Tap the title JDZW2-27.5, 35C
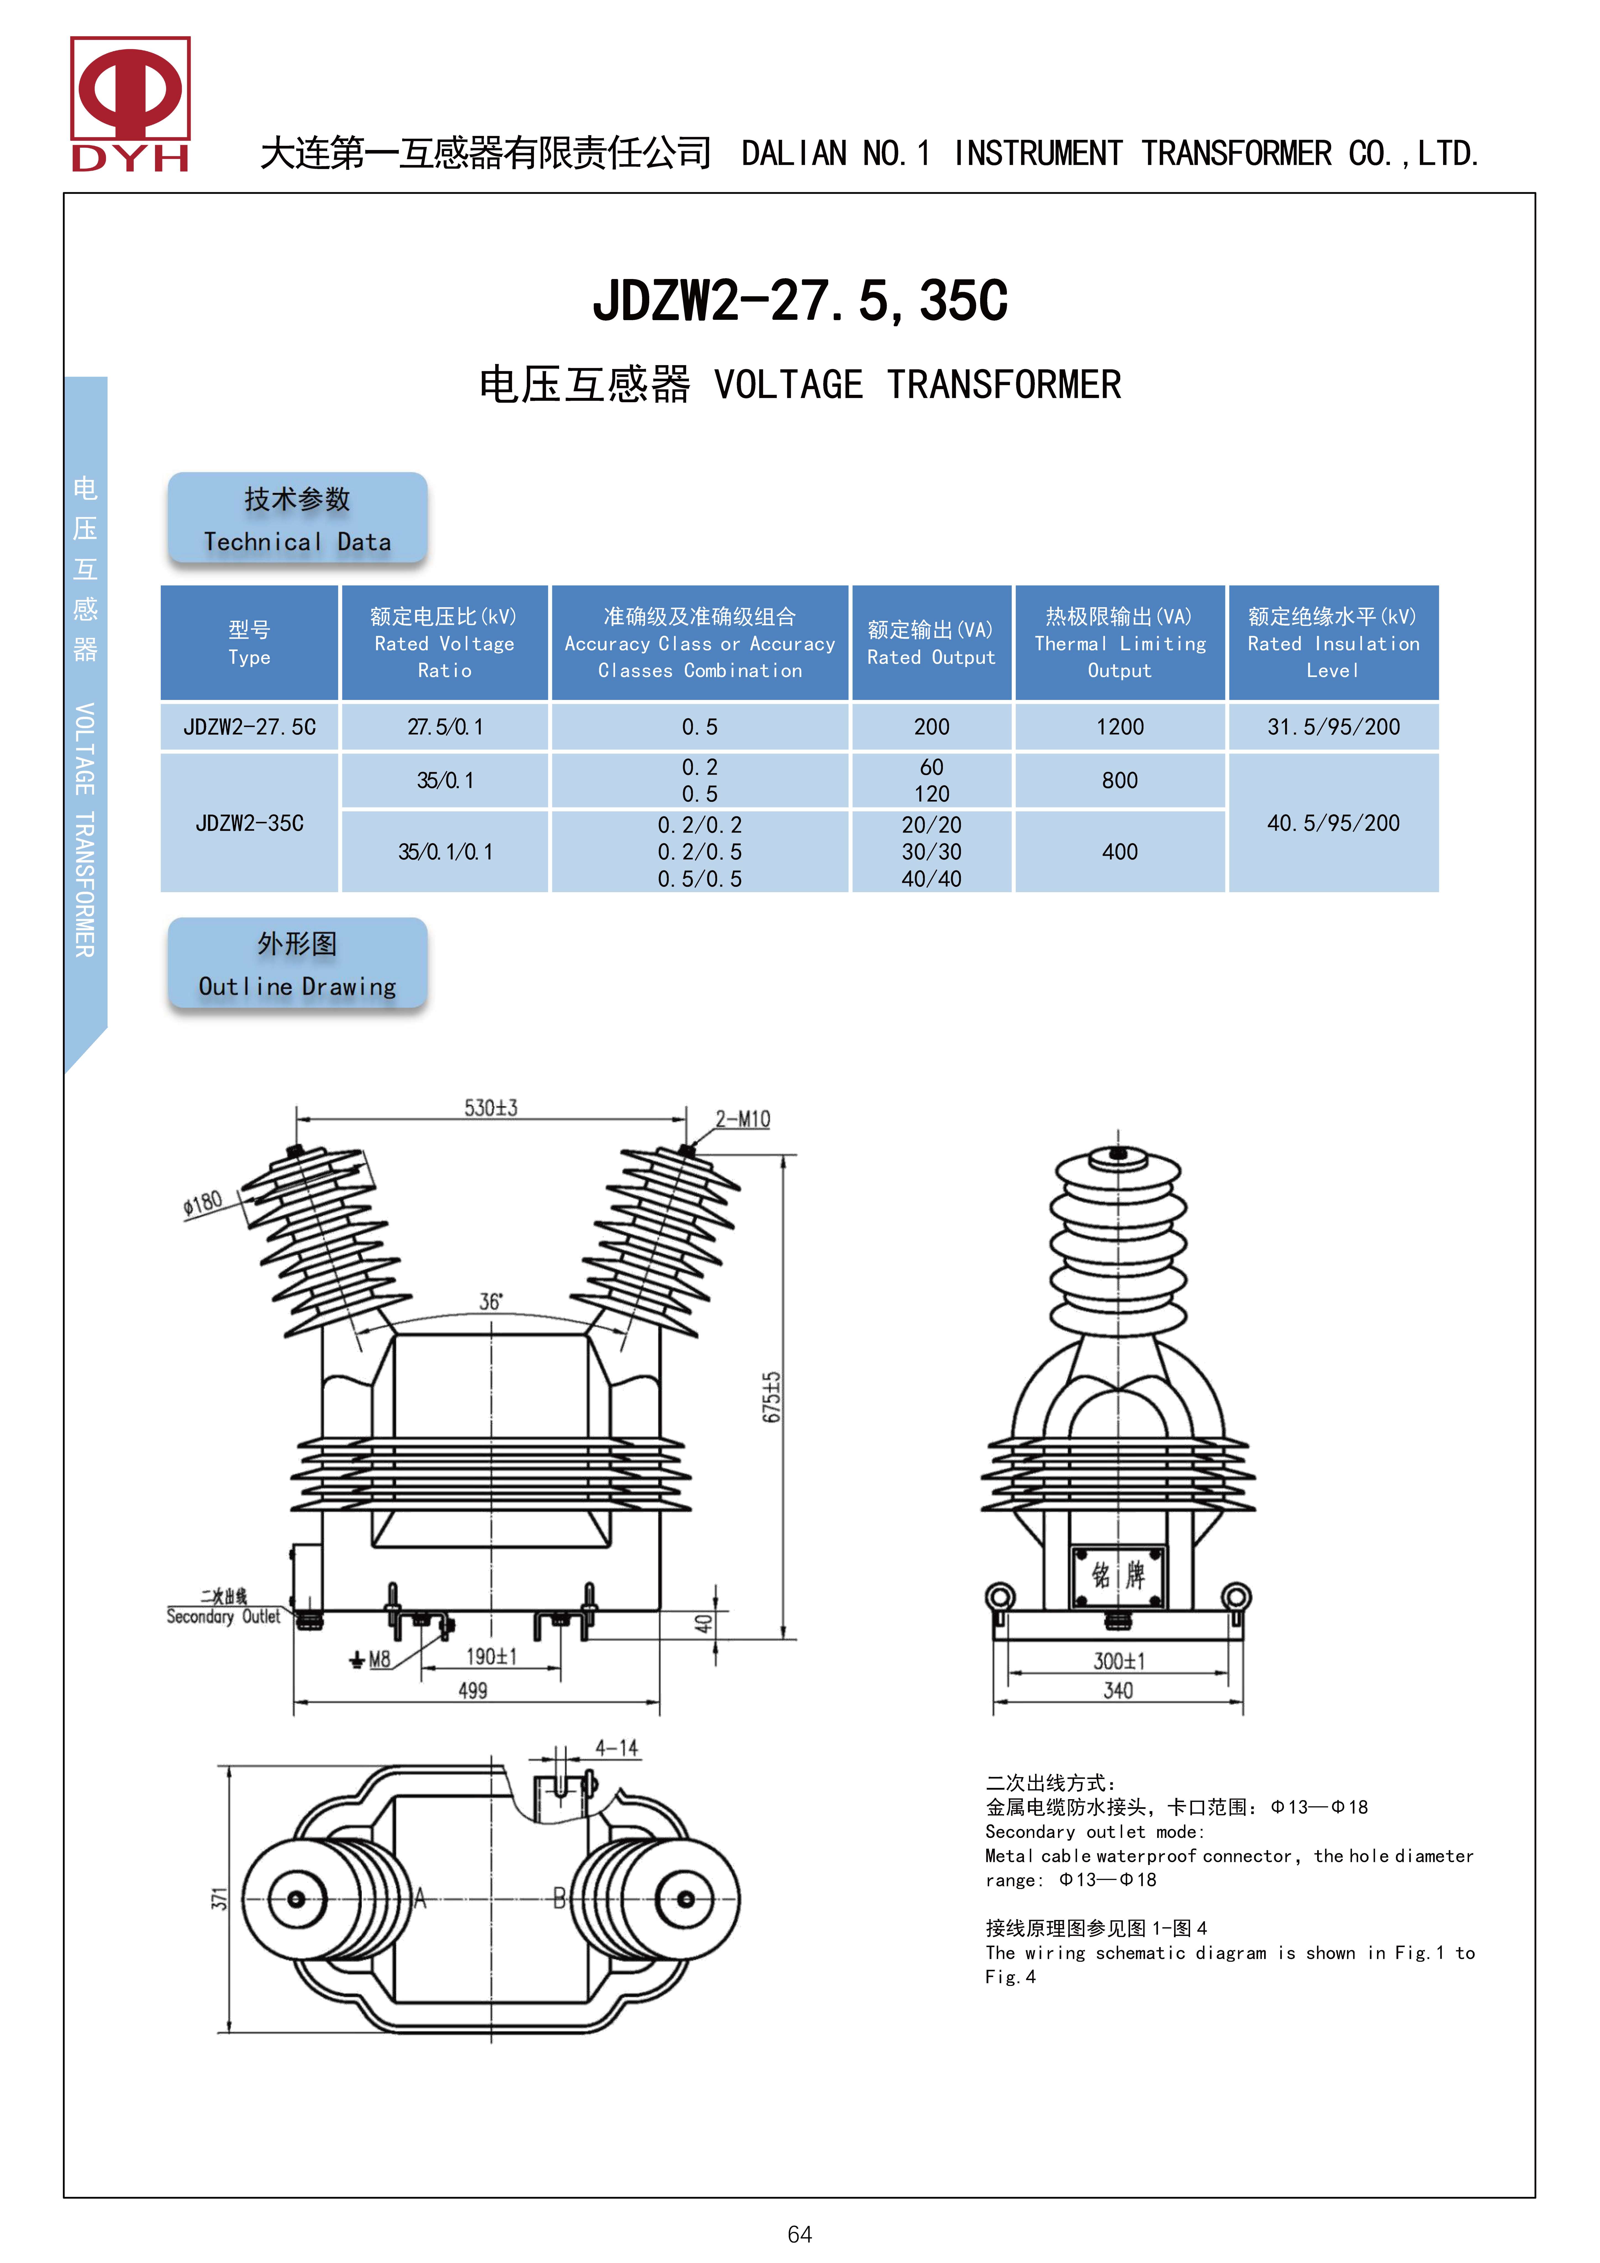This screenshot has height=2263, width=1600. coord(799,301)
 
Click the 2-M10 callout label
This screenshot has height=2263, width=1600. coord(742,1119)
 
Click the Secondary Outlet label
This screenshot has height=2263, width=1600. coord(223,1616)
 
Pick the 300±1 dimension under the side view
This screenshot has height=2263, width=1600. coord(1119,1661)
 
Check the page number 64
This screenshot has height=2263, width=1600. coord(799,2235)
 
